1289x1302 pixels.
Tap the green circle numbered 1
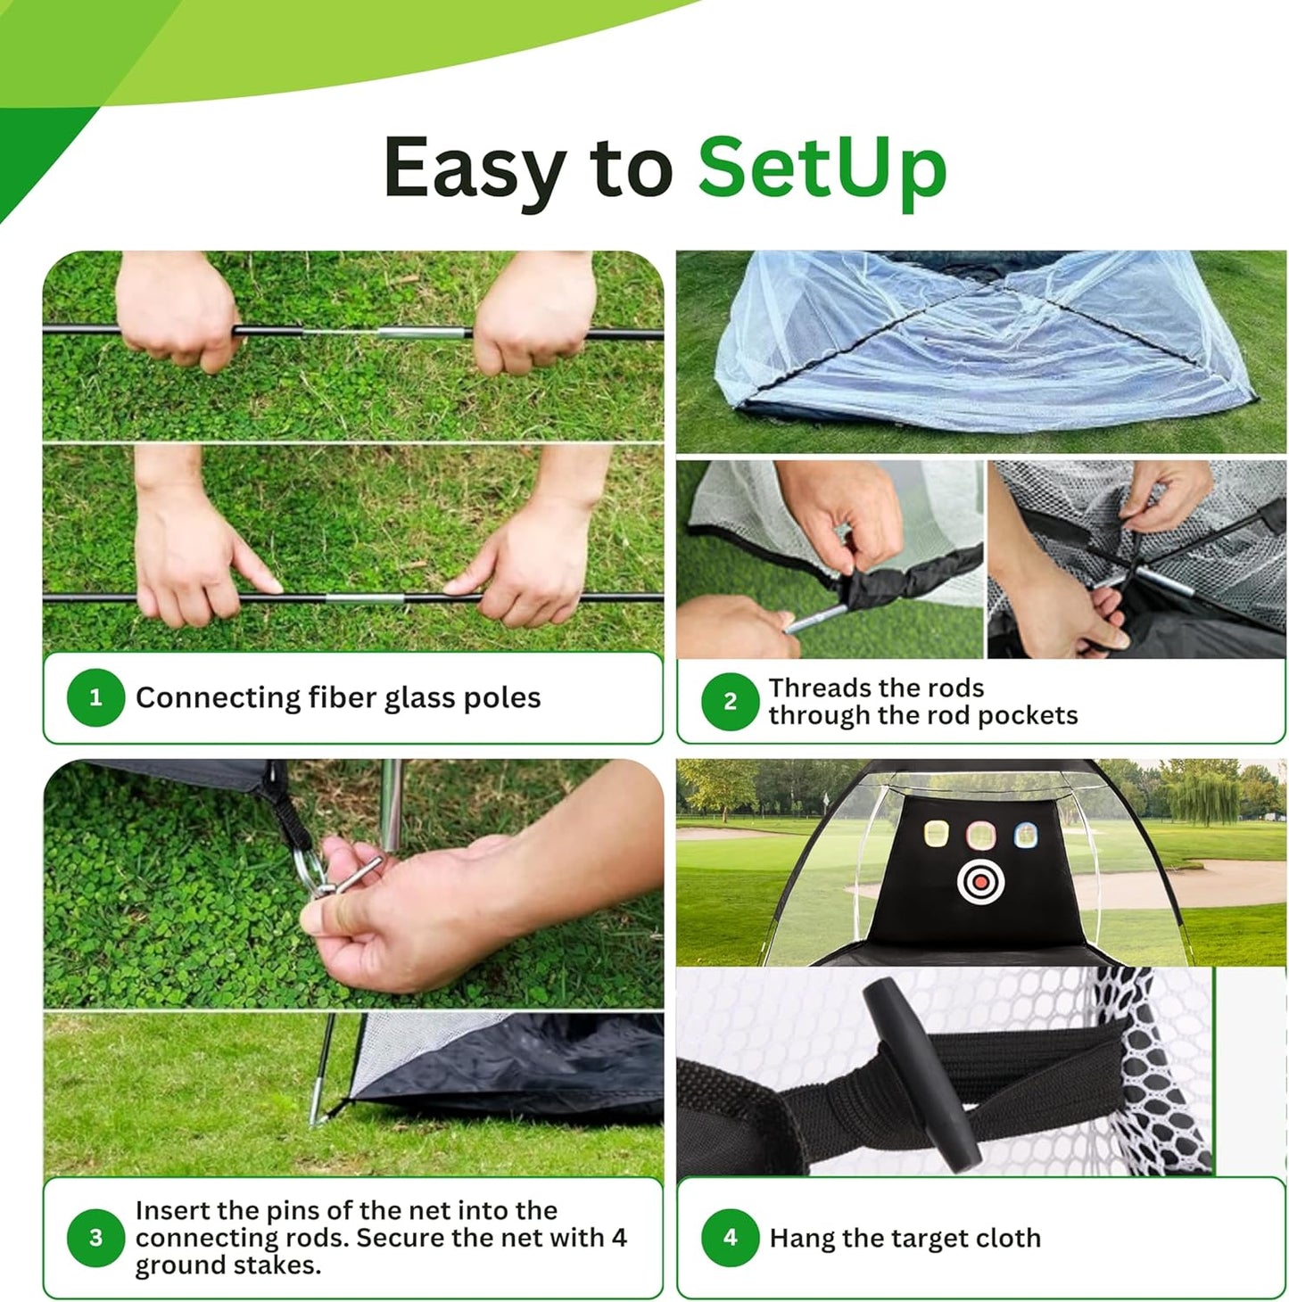[x=95, y=697]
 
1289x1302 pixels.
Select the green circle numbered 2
[x=730, y=702]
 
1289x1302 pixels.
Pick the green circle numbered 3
[x=95, y=1238]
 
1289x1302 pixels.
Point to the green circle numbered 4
[x=730, y=1238]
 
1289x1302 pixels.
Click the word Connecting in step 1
[x=218, y=697]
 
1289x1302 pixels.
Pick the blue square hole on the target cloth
[x=1026, y=836]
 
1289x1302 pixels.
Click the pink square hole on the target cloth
[x=980, y=836]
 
